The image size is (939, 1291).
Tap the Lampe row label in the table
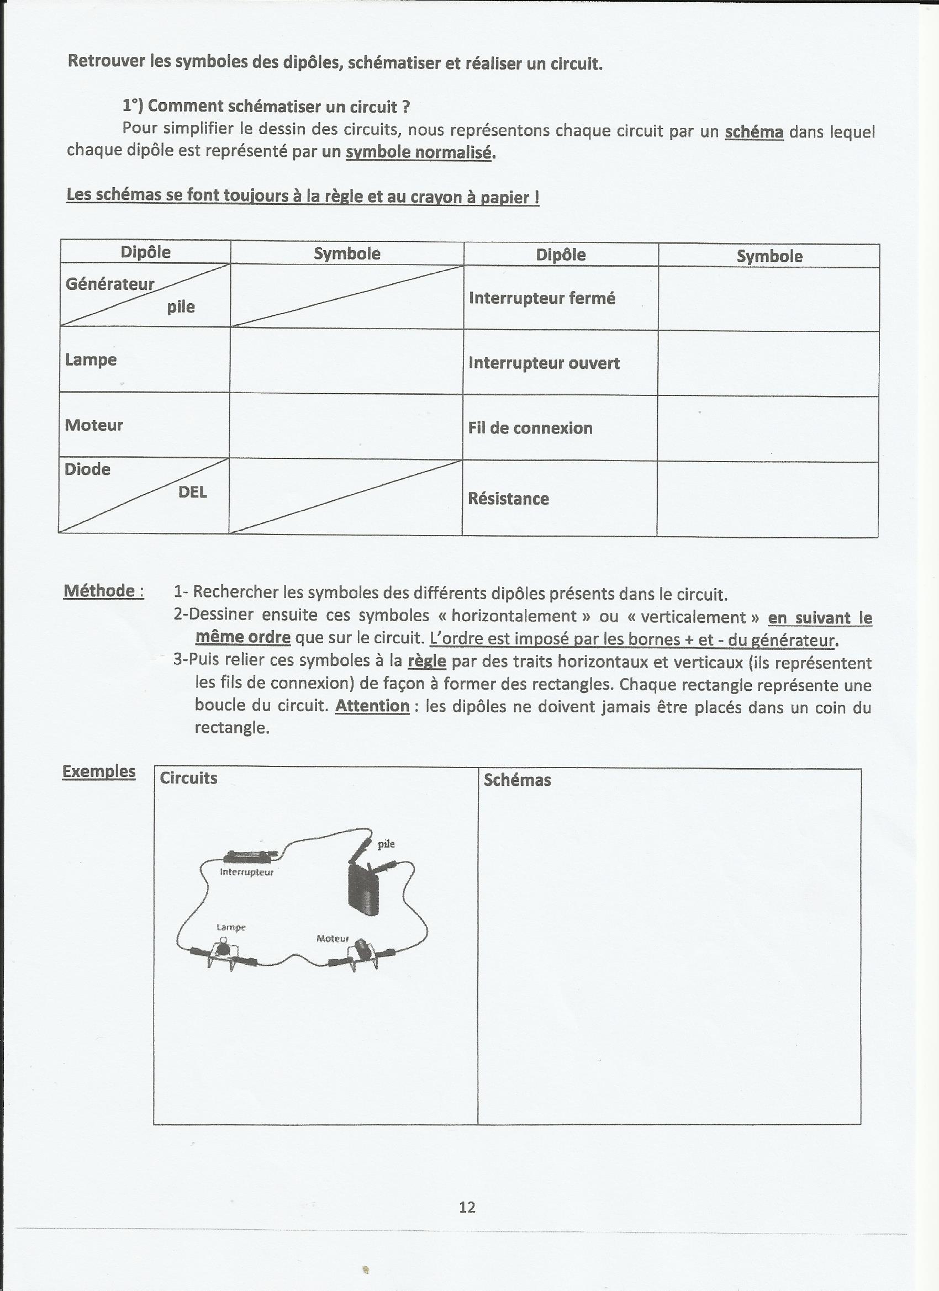[91, 360]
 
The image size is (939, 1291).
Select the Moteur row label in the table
[94, 425]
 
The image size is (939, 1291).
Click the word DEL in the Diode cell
[192, 493]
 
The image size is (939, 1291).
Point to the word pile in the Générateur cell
[181, 308]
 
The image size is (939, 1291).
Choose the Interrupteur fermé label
[542, 298]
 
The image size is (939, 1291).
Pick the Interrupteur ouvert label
[544, 363]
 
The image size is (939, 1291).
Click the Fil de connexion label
[530, 428]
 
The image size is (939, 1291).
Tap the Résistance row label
[509, 499]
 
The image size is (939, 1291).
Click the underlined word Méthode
[103, 591]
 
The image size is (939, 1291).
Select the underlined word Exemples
[99, 771]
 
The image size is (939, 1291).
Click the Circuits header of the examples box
[188, 778]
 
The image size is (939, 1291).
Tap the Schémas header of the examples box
[517, 780]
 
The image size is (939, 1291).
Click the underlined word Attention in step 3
[372, 706]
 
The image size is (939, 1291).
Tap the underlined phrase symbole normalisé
[419, 152]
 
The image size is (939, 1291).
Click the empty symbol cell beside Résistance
[768, 499]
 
